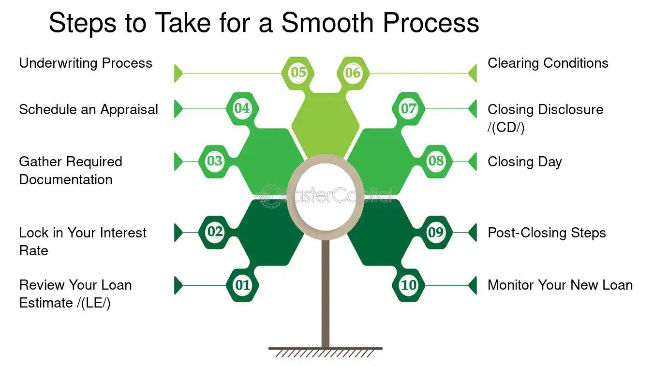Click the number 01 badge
tap(242, 285)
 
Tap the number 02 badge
tap(215, 232)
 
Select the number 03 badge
tap(215, 161)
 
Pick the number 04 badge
tap(242, 109)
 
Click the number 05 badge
tap(298, 73)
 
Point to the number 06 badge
tap(353, 73)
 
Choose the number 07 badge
tap(408, 109)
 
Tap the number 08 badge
tap(436, 161)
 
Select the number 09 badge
tap(436, 232)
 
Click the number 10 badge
tap(408, 285)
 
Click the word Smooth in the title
tap(327, 23)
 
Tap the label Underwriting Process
tap(86, 63)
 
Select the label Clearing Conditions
tap(548, 63)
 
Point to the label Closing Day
tap(525, 162)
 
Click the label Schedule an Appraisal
tap(89, 110)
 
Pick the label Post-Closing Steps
tap(547, 233)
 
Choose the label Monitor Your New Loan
tap(560, 285)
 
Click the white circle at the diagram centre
tap(326, 197)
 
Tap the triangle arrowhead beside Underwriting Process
tap(178, 73)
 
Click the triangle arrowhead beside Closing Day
tap(473, 161)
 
